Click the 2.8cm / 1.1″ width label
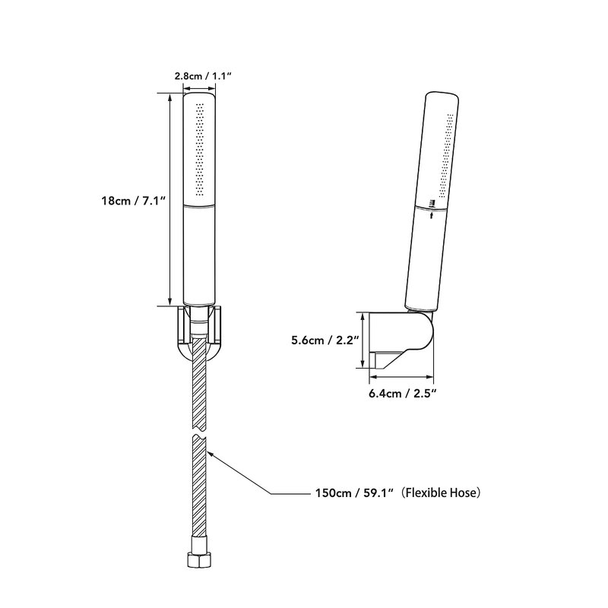[x=203, y=75]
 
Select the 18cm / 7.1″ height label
[x=134, y=201]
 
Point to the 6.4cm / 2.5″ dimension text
[x=403, y=394]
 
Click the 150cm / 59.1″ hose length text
[x=355, y=492]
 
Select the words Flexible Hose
[x=442, y=492]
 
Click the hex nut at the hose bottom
[x=199, y=559]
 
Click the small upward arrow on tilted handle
[x=432, y=215]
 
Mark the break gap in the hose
[x=199, y=432]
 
